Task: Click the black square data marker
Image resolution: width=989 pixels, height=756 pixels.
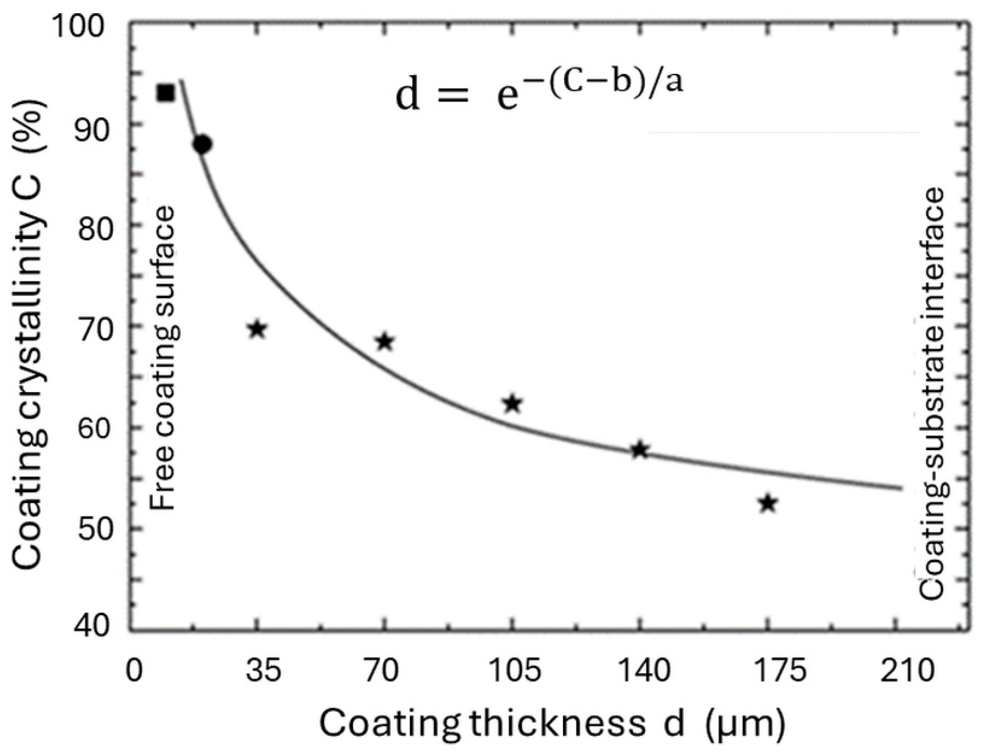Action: [165, 93]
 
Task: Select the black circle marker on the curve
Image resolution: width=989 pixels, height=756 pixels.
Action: [203, 144]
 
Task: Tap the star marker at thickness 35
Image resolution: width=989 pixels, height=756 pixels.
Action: [257, 330]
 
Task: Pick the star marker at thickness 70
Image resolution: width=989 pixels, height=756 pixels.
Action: [385, 342]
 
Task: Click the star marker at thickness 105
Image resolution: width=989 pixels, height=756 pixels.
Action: [512, 404]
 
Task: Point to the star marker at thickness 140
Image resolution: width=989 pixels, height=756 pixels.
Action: [639, 450]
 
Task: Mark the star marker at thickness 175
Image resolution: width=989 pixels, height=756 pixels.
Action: [768, 504]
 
